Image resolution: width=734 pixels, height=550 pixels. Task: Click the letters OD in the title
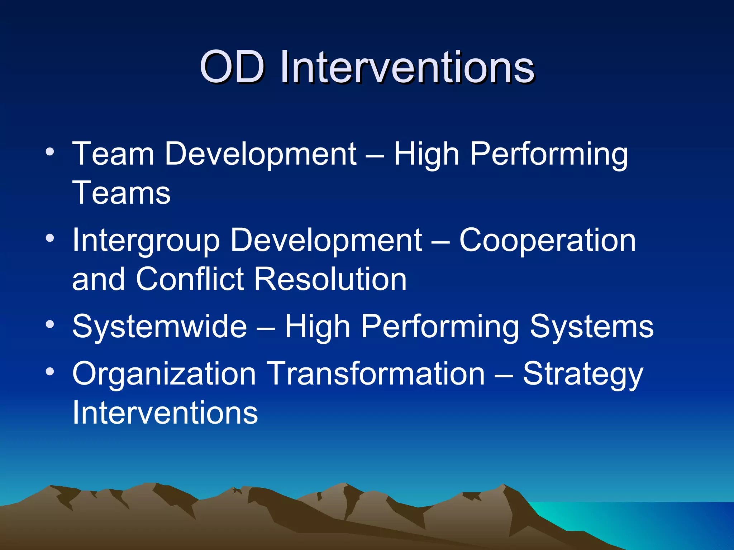coord(232,67)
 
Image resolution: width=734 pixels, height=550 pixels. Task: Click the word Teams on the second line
coord(121,193)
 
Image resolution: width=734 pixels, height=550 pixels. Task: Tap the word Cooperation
coord(547,241)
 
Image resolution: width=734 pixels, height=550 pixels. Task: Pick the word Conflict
coord(190,279)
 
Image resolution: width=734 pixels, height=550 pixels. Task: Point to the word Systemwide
coord(159,326)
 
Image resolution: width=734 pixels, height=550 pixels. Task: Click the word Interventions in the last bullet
coord(165,412)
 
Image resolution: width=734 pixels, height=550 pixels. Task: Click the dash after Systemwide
coord(266,328)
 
